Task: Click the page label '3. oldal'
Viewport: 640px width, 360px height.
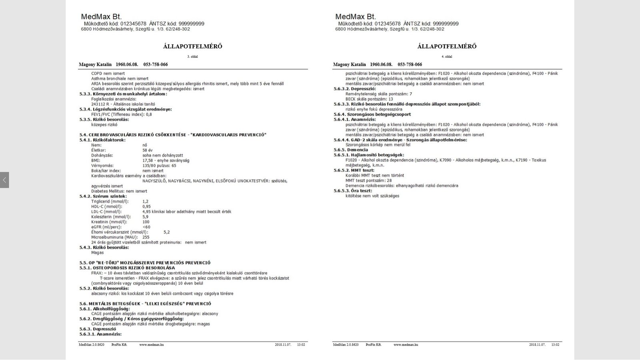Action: (x=192, y=57)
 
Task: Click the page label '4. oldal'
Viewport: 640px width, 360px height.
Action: (x=447, y=57)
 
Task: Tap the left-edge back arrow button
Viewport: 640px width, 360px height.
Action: (x=4, y=180)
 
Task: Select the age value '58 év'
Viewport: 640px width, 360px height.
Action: (x=148, y=150)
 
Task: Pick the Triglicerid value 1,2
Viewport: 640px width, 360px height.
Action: (x=146, y=202)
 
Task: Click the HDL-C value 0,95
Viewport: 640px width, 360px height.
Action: (x=146, y=207)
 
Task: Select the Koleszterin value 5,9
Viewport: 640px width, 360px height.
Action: (x=145, y=217)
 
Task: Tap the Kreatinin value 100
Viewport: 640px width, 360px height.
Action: (x=146, y=222)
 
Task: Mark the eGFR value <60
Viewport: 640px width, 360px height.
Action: (x=146, y=227)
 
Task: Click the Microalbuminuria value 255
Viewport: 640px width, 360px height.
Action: (x=146, y=237)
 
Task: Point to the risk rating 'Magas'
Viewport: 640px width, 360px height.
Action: (x=97, y=252)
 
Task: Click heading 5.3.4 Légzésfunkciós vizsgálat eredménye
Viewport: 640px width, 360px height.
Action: (x=126, y=109)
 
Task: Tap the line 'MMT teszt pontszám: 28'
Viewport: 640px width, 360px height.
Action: (x=369, y=180)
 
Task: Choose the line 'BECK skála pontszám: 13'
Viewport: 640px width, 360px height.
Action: (x=369, y=99)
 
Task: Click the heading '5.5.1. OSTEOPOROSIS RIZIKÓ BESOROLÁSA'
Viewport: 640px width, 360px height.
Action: (x=127, y=268)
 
